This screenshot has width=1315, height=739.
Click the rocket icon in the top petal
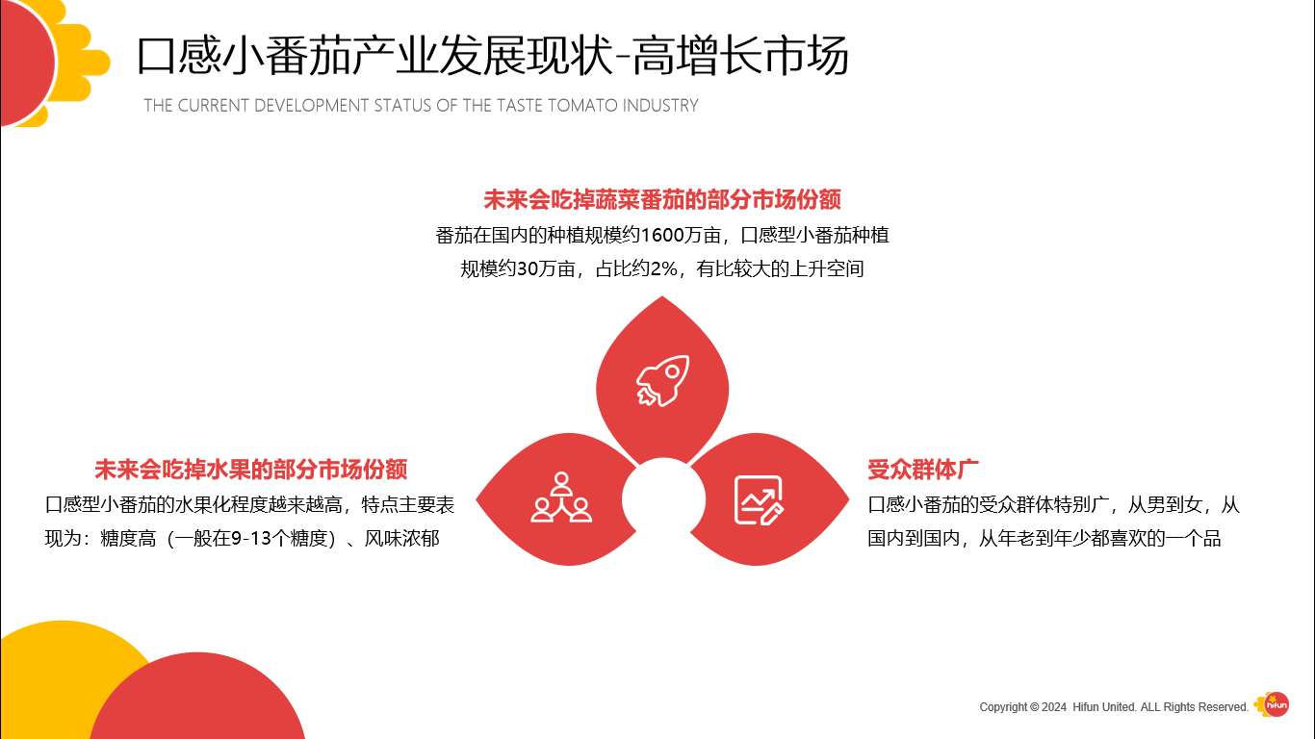tap(662, 380)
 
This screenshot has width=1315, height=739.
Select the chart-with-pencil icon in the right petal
tap(760, 499)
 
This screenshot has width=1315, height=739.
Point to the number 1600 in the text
tap(659, 235)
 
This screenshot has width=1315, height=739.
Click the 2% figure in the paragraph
tap(664, 269)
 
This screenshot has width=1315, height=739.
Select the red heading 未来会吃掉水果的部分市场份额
tap(250, 470)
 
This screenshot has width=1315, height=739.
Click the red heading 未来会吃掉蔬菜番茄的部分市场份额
tap(661, 200)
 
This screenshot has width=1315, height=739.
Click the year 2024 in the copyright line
tap(1054, 707)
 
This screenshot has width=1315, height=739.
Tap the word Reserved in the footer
tap(1223, 707)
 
